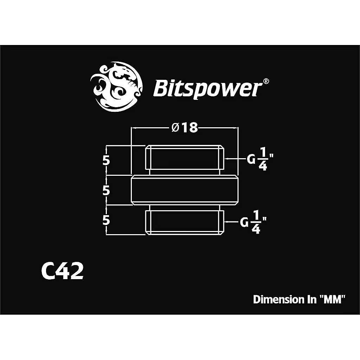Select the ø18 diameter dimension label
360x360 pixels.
click(x=184, y=127)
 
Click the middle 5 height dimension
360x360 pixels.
click(x=106, y=190)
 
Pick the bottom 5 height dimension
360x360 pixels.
click(x=106, y=220)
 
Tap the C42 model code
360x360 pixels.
click(x=63, y=272)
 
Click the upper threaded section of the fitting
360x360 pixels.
click(x=184, y=158)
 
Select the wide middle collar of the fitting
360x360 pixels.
click(x=184, y=189)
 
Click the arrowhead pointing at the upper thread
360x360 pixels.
click(x=226, y=159)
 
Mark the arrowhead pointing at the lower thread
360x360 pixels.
click(x=226, y=222)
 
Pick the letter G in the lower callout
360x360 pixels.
click(x=244, y=223)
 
